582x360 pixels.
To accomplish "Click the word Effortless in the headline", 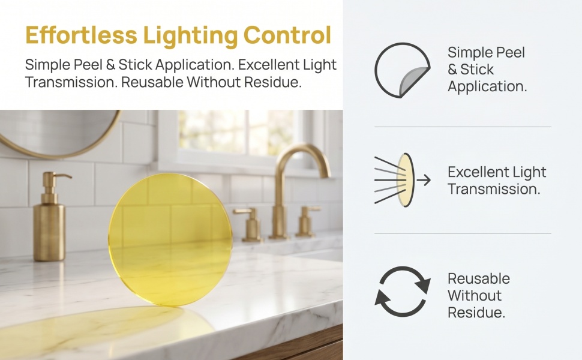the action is [x=81, y=35].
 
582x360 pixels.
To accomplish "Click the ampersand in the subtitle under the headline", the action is [x=110, y=65].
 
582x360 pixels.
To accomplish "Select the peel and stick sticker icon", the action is [x=403, y=70].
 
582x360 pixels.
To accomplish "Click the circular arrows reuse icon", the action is [x=403, y=291].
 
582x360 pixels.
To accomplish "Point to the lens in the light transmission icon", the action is [x=406, y=180].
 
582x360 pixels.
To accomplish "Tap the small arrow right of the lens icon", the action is [x=424, y=180].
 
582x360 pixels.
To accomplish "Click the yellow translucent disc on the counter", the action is [x=170, y=239].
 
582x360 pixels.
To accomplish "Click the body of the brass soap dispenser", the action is [x=49, y=232].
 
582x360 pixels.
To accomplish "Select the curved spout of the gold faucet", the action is [x=302, y=160].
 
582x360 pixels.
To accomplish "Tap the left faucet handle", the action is [x=250, y=224].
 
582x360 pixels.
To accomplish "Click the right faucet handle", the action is [x=307, y=221].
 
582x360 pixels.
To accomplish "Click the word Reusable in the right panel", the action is [x=478, y=279].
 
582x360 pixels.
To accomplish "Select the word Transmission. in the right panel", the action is [x=494, y=189].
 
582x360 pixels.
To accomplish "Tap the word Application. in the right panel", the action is [x=487, y=86].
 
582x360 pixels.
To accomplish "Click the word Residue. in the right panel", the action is [x=476, y=313].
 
